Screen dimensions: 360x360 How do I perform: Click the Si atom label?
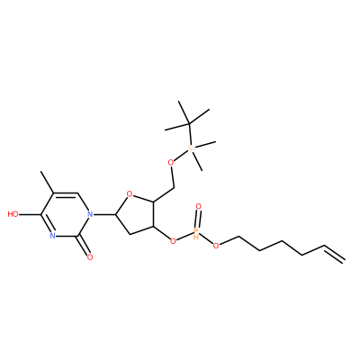[191, 148]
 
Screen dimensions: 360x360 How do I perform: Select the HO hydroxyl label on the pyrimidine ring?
[13, 214]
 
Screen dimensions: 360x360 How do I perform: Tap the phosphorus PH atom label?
[196, 232]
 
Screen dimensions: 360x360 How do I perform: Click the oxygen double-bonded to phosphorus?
[198, 206]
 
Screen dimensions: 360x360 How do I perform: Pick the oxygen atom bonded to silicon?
[171, 163]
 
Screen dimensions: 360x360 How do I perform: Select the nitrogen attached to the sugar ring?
[89, 214]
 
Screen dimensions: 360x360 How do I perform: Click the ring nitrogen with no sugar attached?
[53, 236]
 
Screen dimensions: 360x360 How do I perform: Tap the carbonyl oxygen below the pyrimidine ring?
[89, 256]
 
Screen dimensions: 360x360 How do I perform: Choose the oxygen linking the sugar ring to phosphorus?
[173, 240]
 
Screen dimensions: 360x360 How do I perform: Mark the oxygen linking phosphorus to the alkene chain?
[215, 246]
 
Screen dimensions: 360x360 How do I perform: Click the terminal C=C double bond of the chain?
[333, 254]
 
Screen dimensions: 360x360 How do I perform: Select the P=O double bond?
[197, 219]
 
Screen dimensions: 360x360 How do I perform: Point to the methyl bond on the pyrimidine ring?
[47, 182]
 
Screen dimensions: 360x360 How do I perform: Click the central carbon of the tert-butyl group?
[189, 123]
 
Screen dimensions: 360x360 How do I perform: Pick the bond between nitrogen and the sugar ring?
[104, 214]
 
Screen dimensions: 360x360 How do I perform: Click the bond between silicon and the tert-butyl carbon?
[190, 134]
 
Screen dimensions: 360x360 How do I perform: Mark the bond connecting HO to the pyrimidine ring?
[30, 214]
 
